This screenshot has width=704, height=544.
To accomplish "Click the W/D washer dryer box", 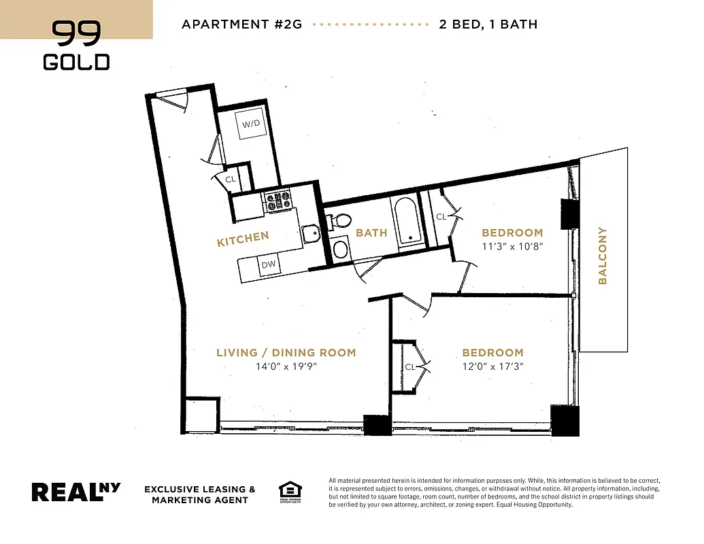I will (x=251, y=124).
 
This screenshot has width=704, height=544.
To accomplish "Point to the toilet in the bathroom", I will (x=339, y=220).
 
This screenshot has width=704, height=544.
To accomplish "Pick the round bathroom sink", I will (x=339, y=249).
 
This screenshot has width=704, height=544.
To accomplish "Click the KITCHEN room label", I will (x=243, y=239).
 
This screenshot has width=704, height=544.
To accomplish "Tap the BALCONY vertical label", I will (x=602, y=256).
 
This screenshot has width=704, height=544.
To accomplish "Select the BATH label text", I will (x=371, y=233).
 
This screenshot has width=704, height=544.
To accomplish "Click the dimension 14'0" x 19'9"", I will (x=286, y=367).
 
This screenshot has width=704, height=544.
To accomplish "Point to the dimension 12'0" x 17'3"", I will (x=492, y=367).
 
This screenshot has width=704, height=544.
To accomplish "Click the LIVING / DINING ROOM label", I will (x=286, y=352).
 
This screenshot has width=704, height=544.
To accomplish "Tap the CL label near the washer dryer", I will (x=231, y=180).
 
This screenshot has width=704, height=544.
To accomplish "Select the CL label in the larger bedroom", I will (x=409, y=367).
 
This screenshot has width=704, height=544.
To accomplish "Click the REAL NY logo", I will (x=76, y=492).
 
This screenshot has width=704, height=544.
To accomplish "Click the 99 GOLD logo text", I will (x=76, y=46).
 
